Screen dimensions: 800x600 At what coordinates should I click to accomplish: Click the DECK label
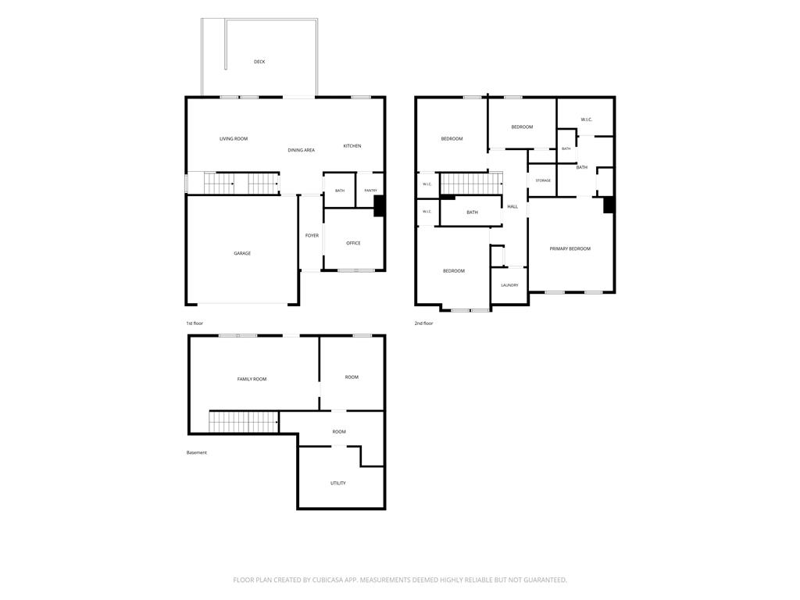click(259, 62)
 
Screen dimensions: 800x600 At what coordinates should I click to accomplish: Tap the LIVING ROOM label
click(234, 139)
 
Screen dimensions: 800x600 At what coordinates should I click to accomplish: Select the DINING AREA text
click(301, 150)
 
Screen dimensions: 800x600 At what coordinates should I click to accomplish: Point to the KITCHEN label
click(352, 146)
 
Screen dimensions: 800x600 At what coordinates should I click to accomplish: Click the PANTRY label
click(371, 191)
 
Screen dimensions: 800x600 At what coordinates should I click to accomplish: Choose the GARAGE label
click(242, 253)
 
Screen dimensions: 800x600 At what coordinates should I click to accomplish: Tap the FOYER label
click(312, 236)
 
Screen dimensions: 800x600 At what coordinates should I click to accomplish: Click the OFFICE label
click(354, 244)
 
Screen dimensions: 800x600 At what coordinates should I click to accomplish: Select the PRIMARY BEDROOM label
click(570, 249)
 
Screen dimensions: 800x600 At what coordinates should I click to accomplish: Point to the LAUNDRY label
click(509, 285)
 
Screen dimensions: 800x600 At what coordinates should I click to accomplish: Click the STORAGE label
click(543, 180)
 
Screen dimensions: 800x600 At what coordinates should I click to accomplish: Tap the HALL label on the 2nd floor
click(512, 206)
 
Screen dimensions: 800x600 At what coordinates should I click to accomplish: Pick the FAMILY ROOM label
click(252, 379)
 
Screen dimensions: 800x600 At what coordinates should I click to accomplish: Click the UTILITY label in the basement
click(337, 483)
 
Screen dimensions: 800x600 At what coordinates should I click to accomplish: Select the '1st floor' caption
click(195, 323)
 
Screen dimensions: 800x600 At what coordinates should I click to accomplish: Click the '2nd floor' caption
click(424, 323)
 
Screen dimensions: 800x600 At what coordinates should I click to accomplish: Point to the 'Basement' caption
click(196, 452)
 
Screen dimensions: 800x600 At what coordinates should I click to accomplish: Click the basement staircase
click(244, 423)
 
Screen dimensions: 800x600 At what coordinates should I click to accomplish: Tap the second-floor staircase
click(471, 184)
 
